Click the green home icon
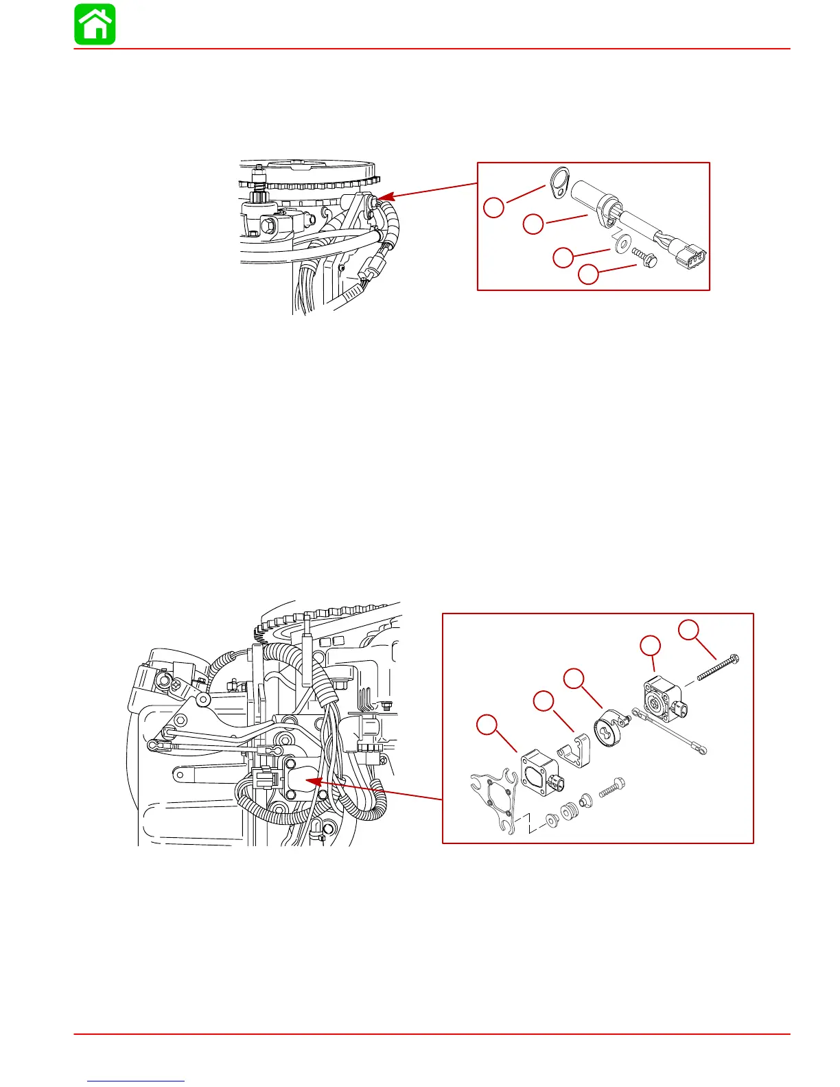coord(95,25)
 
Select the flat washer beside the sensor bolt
coord(623,244)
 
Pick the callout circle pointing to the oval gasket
coord(494,207)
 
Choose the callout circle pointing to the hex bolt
coord(588,275)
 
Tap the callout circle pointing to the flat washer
coord(563,257)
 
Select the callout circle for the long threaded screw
coord(690,630)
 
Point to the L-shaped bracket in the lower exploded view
coord(575,751)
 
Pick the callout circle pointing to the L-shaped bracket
coord(544,701)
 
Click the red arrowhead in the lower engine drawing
coord(311,781)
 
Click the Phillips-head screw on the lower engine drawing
coord(177,683)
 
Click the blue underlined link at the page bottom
coord(137,1081)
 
